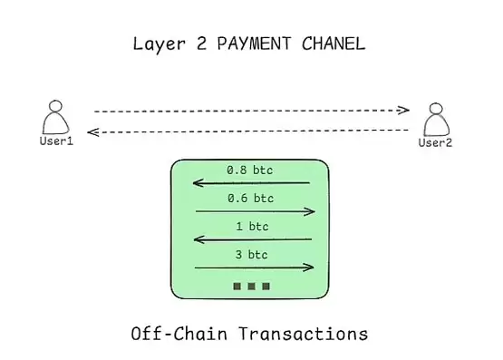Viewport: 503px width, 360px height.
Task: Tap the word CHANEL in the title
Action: point(334,44)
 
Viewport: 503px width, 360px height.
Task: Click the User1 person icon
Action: point(55,119)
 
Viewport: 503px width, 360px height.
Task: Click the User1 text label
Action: point(55,141)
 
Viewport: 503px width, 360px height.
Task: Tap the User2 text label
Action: point(435,142)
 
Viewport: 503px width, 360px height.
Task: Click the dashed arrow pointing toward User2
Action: point(252,111)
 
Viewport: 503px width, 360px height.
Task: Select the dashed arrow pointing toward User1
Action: point(252,132)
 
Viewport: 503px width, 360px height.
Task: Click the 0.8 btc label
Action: point(250,170)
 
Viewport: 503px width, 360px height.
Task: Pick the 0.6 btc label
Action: point(250,198)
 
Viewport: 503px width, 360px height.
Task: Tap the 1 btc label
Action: point(251,226)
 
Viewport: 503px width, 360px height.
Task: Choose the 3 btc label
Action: point(251,254)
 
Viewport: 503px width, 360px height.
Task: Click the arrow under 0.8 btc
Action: point(252,183)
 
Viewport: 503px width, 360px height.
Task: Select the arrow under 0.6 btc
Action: point(255,211)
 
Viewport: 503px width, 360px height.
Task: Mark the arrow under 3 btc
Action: point(255,267)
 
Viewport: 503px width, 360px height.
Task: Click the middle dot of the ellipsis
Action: point(251,287)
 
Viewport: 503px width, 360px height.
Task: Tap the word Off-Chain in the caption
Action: point(178,334)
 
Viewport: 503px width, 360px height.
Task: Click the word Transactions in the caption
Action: point(304,334)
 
